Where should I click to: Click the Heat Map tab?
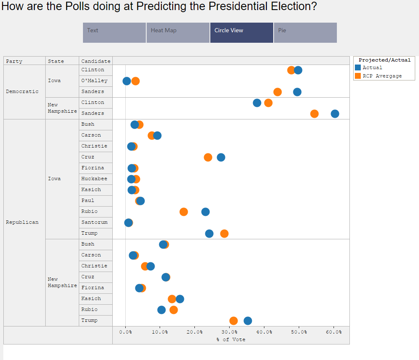178,33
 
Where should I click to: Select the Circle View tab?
241,33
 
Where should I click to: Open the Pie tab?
305,33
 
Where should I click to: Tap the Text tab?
114,33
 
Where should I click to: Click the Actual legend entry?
372,67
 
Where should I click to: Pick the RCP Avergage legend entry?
382,76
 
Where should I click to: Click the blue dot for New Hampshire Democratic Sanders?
335,114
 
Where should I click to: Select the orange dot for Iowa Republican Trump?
224,233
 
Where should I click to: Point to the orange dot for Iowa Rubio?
184,212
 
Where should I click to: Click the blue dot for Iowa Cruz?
221,157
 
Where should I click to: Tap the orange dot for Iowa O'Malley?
135,81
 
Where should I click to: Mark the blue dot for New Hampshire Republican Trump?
248,321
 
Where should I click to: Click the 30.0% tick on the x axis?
229,332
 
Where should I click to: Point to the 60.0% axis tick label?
334,332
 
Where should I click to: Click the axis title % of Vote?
231,339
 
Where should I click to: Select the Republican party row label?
22,222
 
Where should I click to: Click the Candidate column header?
96,61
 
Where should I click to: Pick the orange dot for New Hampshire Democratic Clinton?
268,103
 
